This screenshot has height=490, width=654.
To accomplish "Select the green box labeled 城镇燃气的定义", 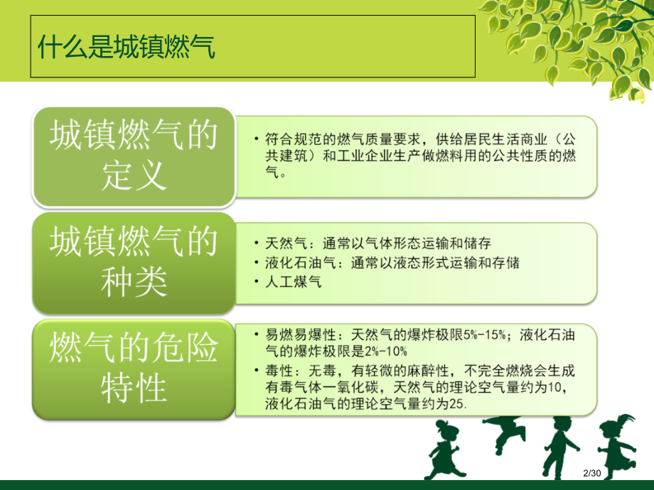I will (x=133, y=156).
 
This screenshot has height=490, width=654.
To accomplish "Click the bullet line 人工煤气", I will (x=294, y=282).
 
